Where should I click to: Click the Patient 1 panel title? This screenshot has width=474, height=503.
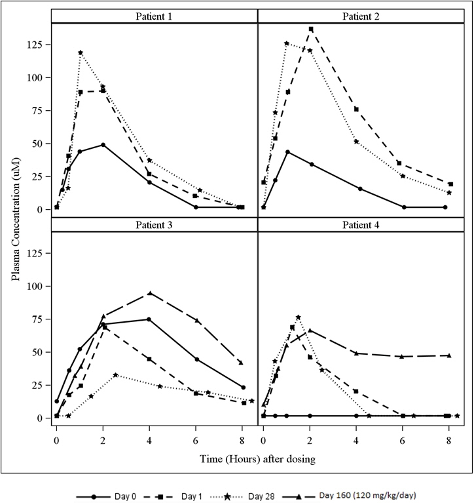point(155,15)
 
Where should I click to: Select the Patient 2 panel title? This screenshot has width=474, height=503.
point(361,15)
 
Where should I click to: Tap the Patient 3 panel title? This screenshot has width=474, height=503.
point(155,224)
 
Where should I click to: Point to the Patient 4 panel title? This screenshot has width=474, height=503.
point(361,224)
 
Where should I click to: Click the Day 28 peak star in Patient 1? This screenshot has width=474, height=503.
point(80,52)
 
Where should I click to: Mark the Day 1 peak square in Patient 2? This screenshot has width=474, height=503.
point(310,29)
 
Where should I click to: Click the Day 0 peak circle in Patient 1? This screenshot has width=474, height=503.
point(103,145)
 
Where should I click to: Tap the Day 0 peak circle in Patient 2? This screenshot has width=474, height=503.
point(287,151)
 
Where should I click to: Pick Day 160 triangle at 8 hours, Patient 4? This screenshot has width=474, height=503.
point(449,355)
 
